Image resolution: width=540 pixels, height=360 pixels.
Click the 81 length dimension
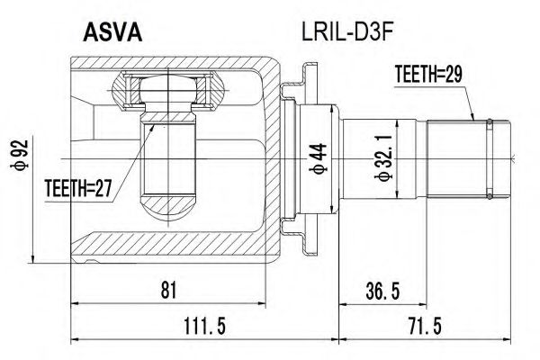tap(168, 289)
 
